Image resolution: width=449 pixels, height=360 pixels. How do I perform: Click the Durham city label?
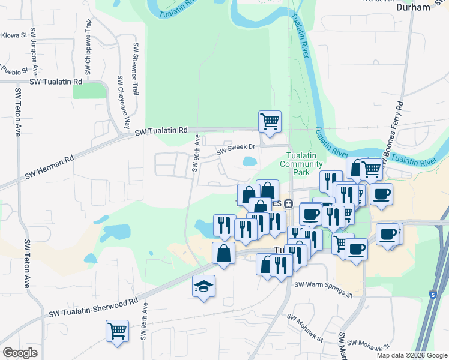(x=414, y=7)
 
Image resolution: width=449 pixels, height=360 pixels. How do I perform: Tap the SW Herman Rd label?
(x=49, y=167)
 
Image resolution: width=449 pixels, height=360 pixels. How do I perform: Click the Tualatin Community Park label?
(x=301, y=164)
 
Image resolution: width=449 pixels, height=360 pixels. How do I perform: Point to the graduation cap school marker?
(x=203, y=286)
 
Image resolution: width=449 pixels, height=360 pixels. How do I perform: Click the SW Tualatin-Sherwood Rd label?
(x=93, y=307)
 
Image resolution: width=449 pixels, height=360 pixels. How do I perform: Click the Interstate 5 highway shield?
(x=433, y=295)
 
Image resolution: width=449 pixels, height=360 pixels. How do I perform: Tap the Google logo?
(x=20, y=353)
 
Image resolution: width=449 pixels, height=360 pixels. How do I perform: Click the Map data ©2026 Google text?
(x=411, y=355)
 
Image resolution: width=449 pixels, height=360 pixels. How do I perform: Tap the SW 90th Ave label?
(x=195, y=153)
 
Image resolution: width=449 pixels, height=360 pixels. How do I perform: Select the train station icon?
(x=288, y=203)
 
